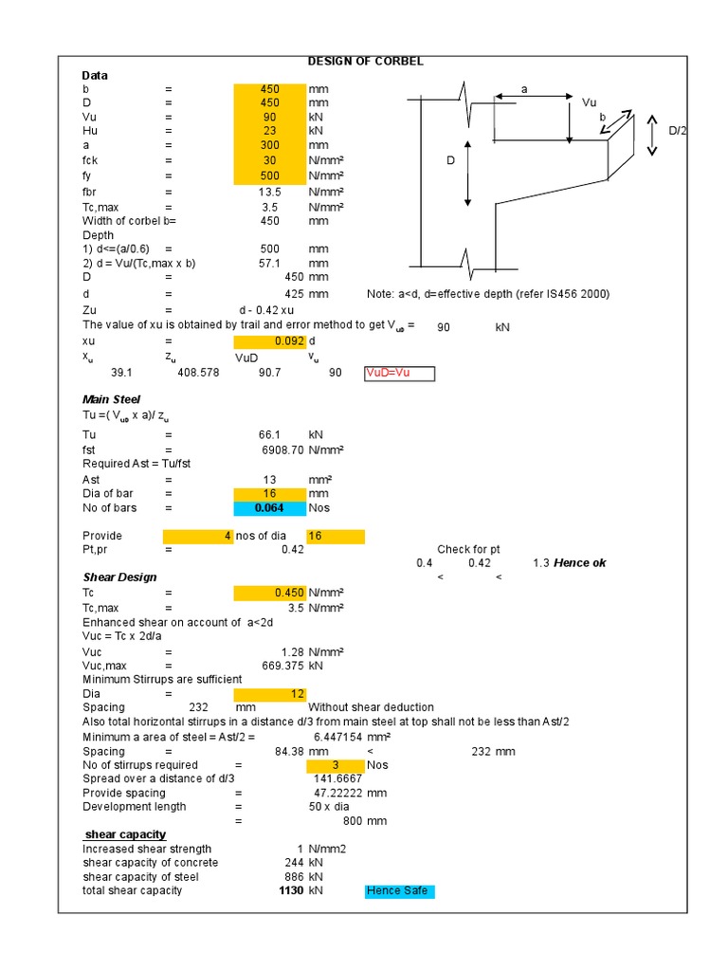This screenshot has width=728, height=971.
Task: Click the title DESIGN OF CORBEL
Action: pyautogui.click(x=365, y=62)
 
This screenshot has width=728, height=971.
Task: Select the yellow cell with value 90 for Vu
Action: pyautogui.click(x=269, y=118)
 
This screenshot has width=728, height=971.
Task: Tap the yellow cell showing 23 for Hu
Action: pyautogui.click(x=269, y=132)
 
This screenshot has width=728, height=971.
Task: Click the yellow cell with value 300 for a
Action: pyautogui.click(x=269, y=146)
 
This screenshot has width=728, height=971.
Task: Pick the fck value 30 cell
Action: pyautogui.click(x=269, y=160)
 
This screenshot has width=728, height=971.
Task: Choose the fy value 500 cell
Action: pyautogui.click(x=269, y=175)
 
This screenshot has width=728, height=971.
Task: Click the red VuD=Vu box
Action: pyautogui.click(x=399, y=374)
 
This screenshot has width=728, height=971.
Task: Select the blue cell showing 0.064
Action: pyautogui.click(x=269, y=508)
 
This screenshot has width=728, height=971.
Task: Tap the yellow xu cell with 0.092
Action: pyautogui.click(x=269, y=340)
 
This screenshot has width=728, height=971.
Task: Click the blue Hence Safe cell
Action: pyautogui.click(x=399, y=891)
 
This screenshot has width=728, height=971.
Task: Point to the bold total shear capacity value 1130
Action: pyautogui.click(x=291, y=891)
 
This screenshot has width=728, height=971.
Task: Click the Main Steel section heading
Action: pyautogui.click(x=111, y=400)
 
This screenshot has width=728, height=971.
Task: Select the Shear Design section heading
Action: pyautogui.click(x=119, y=577)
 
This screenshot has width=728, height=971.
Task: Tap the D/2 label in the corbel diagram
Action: pyautogui.click(x=677, y=130)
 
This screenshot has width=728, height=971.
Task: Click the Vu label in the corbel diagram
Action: pyautogui.click(x=589, y=101)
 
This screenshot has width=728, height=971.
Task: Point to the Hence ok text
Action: pyautogui.click(x=581, y=563)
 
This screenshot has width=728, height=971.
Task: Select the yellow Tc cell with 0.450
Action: pyautogui.click(x=269, y=593)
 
